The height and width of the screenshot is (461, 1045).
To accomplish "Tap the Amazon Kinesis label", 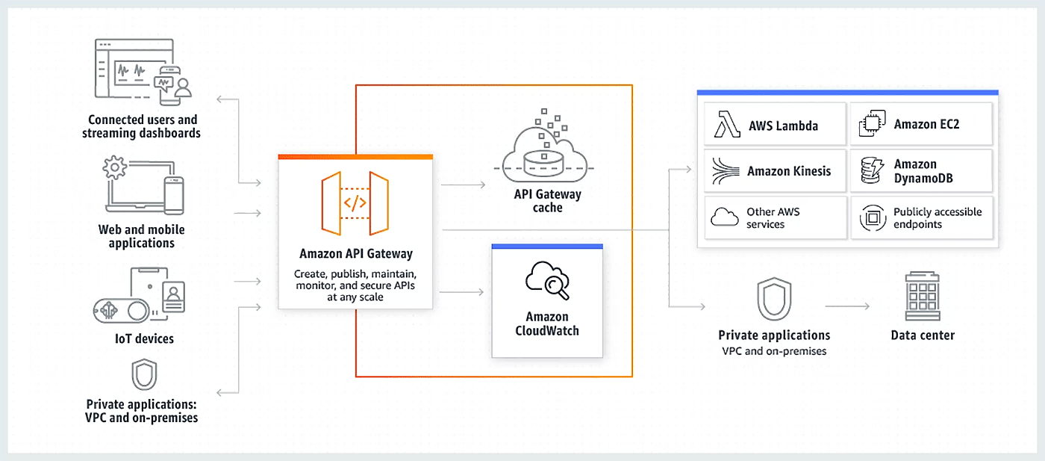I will tap(789, 172).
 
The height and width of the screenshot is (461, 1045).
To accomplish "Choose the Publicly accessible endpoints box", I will tap(922, 218).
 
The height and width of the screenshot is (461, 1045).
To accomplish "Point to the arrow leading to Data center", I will tap(847, 306).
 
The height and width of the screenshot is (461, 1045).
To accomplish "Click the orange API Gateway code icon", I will tap(355, 202).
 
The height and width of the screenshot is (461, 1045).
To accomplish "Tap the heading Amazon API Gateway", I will tap(355, 254).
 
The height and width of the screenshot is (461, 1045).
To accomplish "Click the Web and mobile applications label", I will tap(142, 236).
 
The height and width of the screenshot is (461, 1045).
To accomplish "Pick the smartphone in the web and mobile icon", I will tap(174, 196).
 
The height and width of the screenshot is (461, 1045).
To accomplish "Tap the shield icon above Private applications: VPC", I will tap(144, 375).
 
